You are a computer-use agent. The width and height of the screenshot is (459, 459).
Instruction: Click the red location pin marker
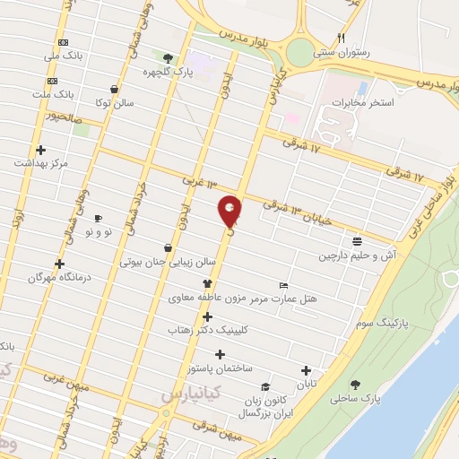[x=230, y=212]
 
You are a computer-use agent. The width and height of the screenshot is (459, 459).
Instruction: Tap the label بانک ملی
[x=68, y=56]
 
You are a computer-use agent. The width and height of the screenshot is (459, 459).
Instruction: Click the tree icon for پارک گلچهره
[x=168, y=57]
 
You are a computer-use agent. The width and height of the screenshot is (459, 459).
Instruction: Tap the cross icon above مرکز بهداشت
[x=40, y=150]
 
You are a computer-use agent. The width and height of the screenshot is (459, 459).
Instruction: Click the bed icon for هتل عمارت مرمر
[x=284, y=284]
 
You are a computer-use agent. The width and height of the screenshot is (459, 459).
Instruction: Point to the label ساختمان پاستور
[x=221, y=368]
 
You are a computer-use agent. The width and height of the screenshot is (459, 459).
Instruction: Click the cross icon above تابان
[x=307, y=369]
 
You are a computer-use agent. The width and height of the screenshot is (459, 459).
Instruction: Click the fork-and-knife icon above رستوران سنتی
[x=341, y=38]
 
